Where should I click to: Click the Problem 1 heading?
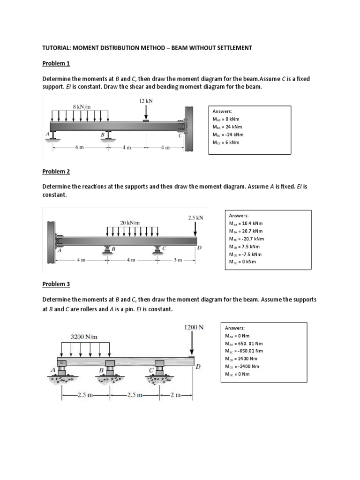pos(56,63)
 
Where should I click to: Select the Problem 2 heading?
pos(56,172)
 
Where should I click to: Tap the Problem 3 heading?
pos(56,284)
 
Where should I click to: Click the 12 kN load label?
pos(146,101)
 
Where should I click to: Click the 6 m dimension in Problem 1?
pos(79,147)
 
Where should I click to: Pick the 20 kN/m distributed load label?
pos(130,223)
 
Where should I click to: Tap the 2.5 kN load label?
pos(195,218)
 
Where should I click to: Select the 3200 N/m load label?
pos(84,337)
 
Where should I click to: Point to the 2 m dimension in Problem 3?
pos(175,395)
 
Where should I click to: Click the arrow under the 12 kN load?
pos(146,112)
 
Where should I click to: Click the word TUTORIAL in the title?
pos(58,48)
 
